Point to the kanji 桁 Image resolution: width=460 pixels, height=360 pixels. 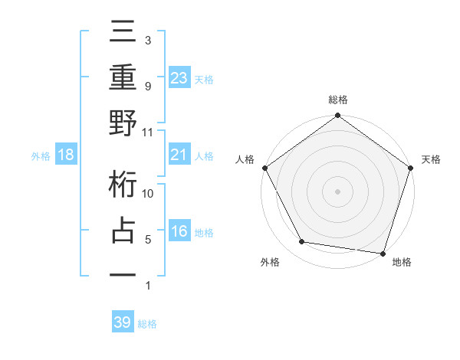point(123,186)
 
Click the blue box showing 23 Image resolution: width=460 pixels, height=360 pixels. point(179,77)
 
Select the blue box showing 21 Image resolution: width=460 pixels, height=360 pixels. point(179,155)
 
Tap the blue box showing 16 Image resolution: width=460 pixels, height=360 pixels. point(179,232)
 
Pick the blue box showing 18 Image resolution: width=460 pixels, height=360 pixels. point(66,155)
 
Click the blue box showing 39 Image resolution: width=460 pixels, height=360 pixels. point(122,322)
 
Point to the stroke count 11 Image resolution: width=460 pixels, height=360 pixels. point(148,132)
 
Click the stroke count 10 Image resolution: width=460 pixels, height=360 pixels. point(148,194)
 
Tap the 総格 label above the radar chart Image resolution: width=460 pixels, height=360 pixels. point(338,100)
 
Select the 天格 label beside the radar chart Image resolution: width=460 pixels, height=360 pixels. point(431,159)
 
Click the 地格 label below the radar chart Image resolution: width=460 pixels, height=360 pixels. point(402,263)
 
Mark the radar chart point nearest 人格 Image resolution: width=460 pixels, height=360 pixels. point(264,167)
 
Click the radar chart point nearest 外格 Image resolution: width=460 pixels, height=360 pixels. point(302,242)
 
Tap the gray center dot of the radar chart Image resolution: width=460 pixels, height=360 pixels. point(338,191)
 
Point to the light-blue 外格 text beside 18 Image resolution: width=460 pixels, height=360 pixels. point(41,156)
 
